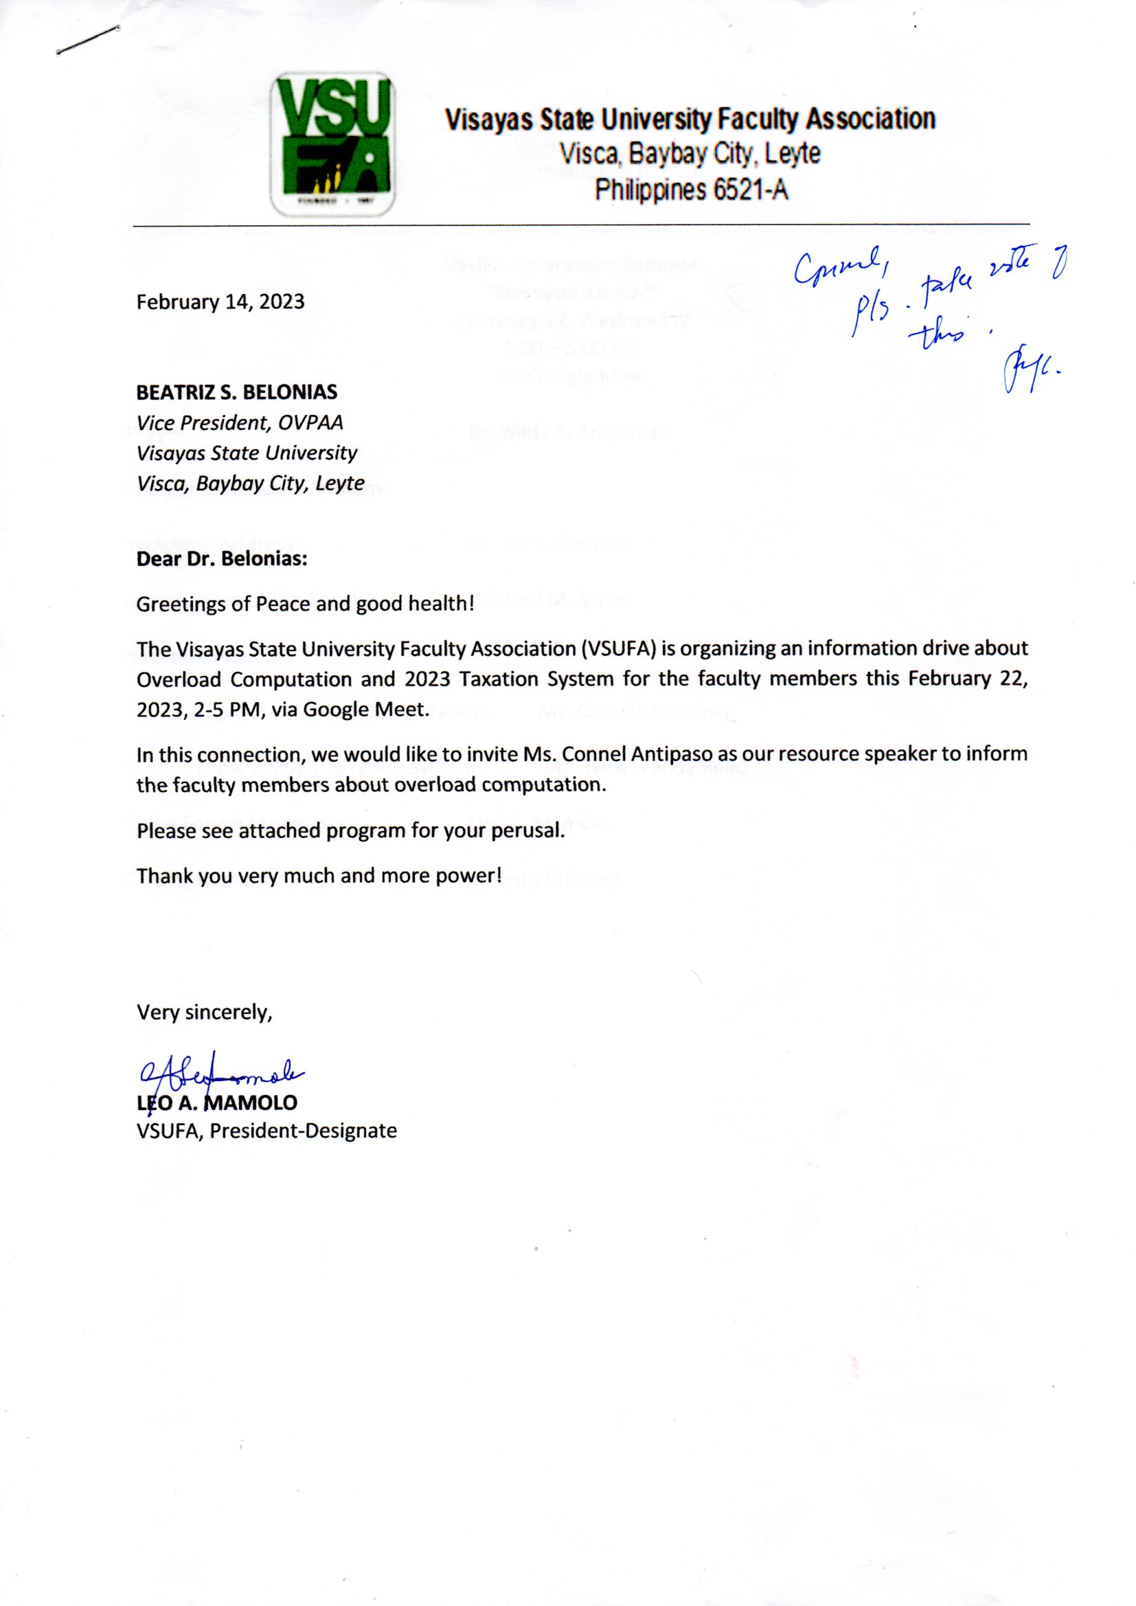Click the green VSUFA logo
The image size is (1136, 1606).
[332, 145]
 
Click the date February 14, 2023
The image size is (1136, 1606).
[220, 302]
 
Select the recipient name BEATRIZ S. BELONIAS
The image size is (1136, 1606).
[236, 392]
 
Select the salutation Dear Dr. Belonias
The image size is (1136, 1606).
[222, 560]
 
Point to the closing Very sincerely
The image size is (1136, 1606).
[204, 1012]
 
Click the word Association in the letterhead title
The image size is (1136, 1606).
[870, 120]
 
